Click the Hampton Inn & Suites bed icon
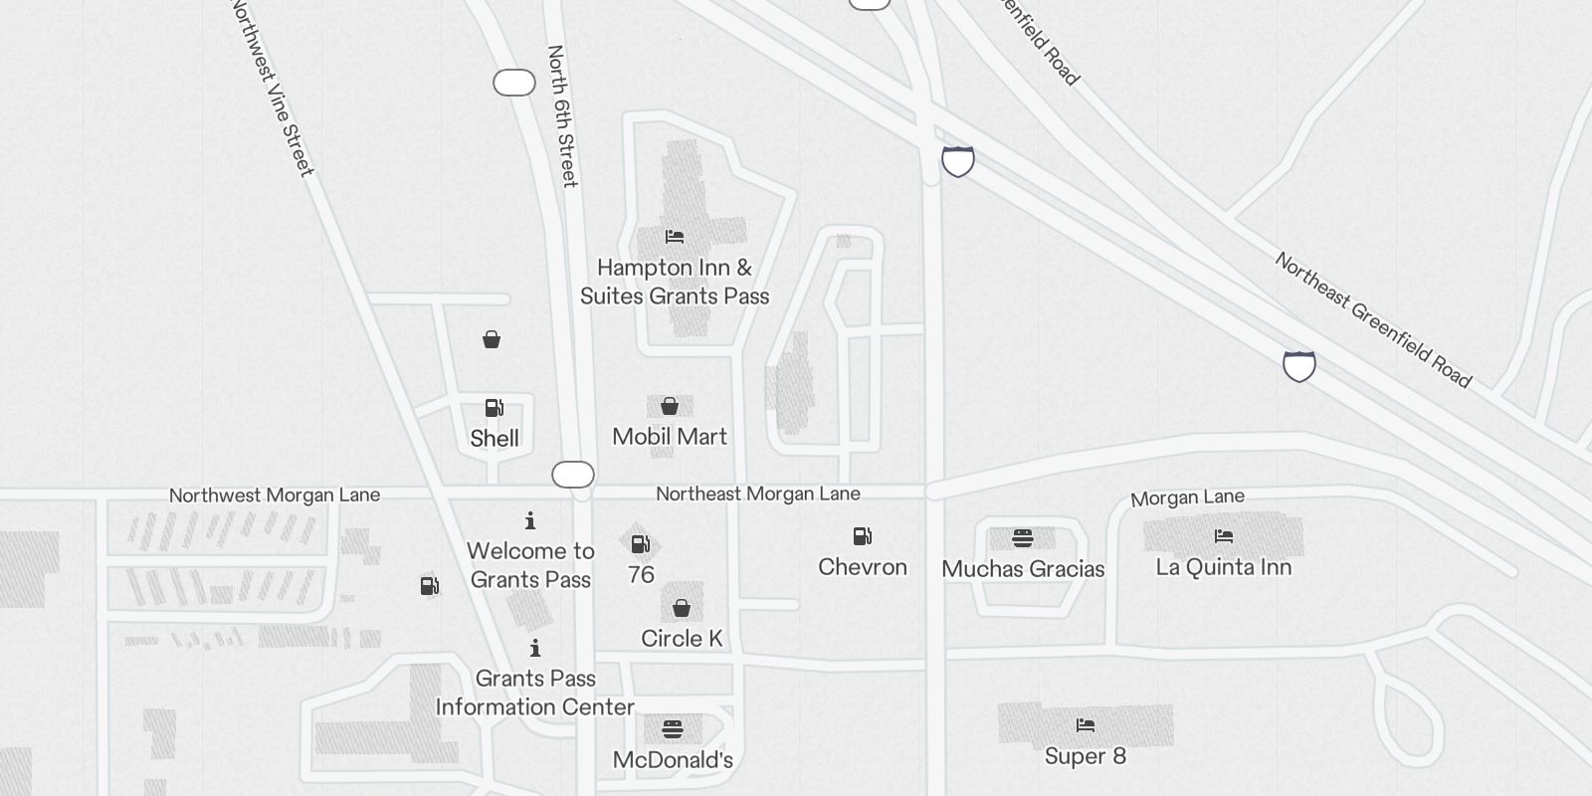point(675,237)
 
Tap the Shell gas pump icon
point(494,408)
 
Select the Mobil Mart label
point(670,437)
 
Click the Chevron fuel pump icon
point(863,537)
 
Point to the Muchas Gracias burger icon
point(1023,538)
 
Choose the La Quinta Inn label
point(1224,567)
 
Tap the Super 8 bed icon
point(1086,725)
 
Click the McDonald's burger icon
point(673,729)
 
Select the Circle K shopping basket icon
point(682,608)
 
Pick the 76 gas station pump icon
point(641,544)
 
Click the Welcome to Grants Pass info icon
point(530,520)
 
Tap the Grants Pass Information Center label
point(535,693)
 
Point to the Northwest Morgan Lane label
point(275,496)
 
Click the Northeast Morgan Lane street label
point(758,495)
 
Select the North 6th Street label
point(562,115)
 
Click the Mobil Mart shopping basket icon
point(670,406)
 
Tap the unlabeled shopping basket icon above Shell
point(492,340)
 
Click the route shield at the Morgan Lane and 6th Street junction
point(573,475)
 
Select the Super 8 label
point(1086,756)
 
